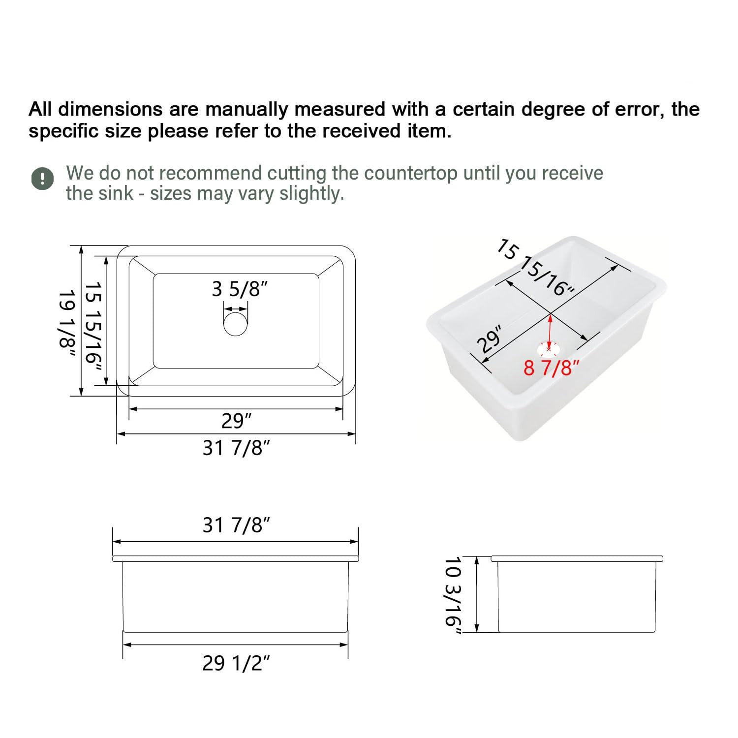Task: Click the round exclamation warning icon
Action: [43, 178]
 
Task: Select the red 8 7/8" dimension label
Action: [548, 368]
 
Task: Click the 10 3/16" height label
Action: [453, 595]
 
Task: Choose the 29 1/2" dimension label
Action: [236, 664]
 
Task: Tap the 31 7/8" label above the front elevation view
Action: [236, 526]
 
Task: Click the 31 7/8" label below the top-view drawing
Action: [236, 448]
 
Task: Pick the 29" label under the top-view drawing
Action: [236, 421]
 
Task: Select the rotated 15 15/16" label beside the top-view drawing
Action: [93, 329]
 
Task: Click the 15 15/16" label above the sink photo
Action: [536, 268]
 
